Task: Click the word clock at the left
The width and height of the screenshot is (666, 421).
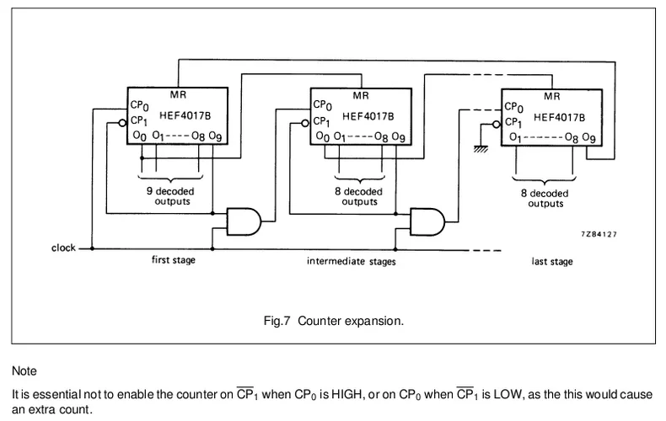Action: tap(62, 248)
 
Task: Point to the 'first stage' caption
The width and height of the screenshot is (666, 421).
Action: tap(173, 259)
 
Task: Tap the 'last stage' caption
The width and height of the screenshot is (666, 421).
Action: tap(552, 262)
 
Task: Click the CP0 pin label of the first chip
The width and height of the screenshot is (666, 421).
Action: tap(140, 106)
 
